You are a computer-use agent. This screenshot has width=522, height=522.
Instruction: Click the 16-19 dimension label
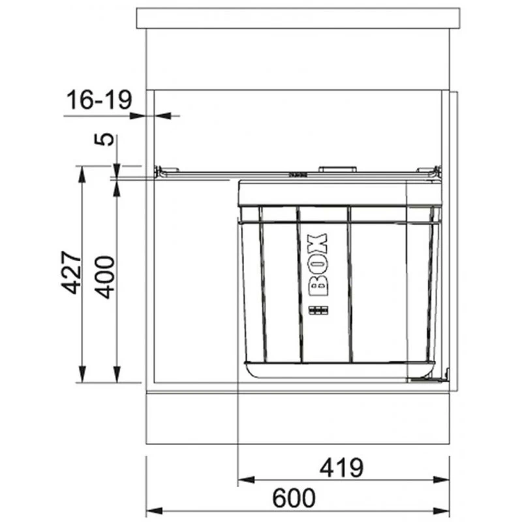click(99, 100)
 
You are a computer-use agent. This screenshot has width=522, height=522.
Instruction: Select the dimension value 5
click(104, 140)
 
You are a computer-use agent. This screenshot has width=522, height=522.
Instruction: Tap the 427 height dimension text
click(71, 272)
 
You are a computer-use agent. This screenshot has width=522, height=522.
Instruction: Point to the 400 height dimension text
click(104, 277)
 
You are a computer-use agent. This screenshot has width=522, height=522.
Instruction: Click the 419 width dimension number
click(341, 468)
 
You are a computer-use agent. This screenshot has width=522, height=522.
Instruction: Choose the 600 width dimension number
click(294, 498)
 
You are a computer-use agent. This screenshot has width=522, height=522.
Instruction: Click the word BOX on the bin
click(318, 265)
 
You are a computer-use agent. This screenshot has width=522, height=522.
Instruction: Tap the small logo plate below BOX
click(318, 311)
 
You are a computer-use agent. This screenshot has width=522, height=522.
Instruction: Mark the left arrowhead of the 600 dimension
click(155, 511)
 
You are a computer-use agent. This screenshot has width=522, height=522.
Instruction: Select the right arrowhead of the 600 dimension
click(442, 511)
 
